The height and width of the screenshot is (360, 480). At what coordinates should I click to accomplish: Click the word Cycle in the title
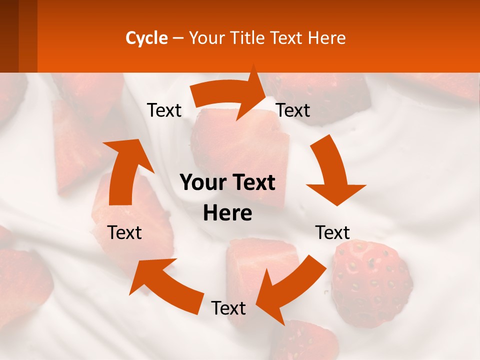146,38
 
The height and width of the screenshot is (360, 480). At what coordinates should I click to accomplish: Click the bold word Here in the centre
227,213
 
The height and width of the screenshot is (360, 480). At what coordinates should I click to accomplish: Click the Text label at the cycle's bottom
228,308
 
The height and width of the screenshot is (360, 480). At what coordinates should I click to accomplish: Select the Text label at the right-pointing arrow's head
293,110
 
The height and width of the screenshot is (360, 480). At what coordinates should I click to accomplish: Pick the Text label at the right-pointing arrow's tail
164,110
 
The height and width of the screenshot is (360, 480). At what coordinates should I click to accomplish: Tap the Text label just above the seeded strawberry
332,232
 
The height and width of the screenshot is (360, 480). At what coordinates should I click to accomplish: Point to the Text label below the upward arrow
124,232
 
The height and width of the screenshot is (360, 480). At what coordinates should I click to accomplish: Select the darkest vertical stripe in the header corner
9,36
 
